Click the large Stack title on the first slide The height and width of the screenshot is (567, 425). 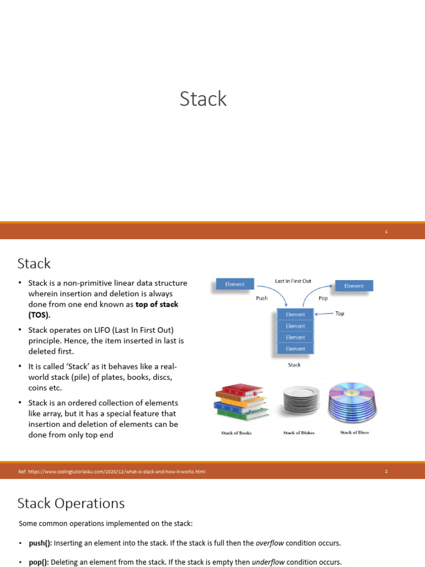coord(203,99)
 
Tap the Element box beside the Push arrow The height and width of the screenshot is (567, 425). coord(235,284)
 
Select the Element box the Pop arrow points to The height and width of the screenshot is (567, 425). coord(354,286)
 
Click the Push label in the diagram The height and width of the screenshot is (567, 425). coord(262,298)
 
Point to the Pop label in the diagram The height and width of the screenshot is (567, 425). coord(323,298)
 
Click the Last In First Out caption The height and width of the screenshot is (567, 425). coord(293,281)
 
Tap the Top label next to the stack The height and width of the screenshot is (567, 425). coord(340,313)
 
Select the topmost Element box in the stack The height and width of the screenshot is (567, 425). coord(296,315)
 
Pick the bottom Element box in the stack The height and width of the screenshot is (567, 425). coord(296,349)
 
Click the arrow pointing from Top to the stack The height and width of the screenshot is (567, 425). coord(324,314)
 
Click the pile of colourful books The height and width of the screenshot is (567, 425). coord(241,402)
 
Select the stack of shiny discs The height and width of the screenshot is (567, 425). coord(352,402)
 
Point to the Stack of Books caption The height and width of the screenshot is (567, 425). coord(236,433)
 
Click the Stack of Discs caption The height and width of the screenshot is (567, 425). coord(355,432)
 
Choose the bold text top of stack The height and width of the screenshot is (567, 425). coord(157,304)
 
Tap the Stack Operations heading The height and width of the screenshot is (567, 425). coord(71,503)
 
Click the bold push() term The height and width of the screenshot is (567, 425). coord(40,543)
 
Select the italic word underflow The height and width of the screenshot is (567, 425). coord(268,563)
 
